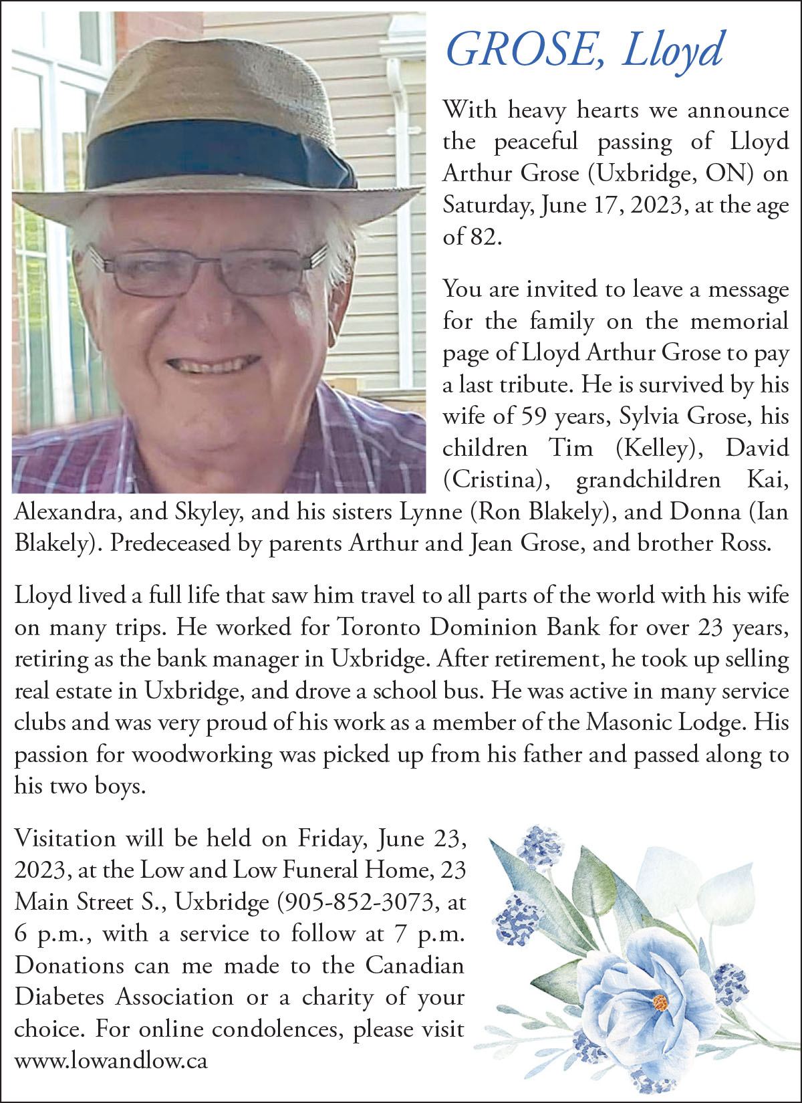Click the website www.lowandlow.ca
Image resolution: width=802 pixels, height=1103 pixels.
point(111,1061)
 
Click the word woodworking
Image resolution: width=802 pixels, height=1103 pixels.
point(203,754)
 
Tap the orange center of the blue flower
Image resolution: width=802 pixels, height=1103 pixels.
point(660,1002)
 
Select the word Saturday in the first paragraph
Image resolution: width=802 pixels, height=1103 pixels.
point(487,205)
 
